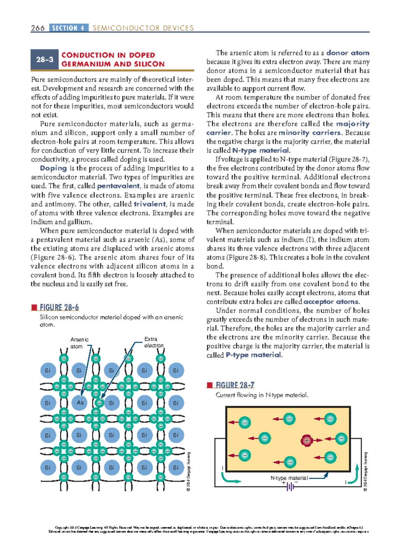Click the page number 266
(x=38, y=28)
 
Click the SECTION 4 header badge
(x=69, y=28)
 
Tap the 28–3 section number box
(x=45, y=60)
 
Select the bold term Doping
(x=53, y=168)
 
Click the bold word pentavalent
(x=118, y=186)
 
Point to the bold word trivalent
(x=150, y=204)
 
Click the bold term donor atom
(x=348, y=53)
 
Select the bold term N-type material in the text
(x=260, y=150)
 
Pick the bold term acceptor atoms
(x=331, y=302)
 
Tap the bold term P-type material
(x=253, y=355)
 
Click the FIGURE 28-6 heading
(x=59, y=307)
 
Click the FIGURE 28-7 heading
(x=235, y=385)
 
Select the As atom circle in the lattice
(x=80, y=403)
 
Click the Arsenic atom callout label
(x=79, y=343)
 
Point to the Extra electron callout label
(x=154, y=342)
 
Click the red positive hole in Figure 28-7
(x=307, y=440)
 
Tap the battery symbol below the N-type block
(x=290, y=486)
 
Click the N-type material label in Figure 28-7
(x=289, y=478)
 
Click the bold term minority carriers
(x=310, y=133)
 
